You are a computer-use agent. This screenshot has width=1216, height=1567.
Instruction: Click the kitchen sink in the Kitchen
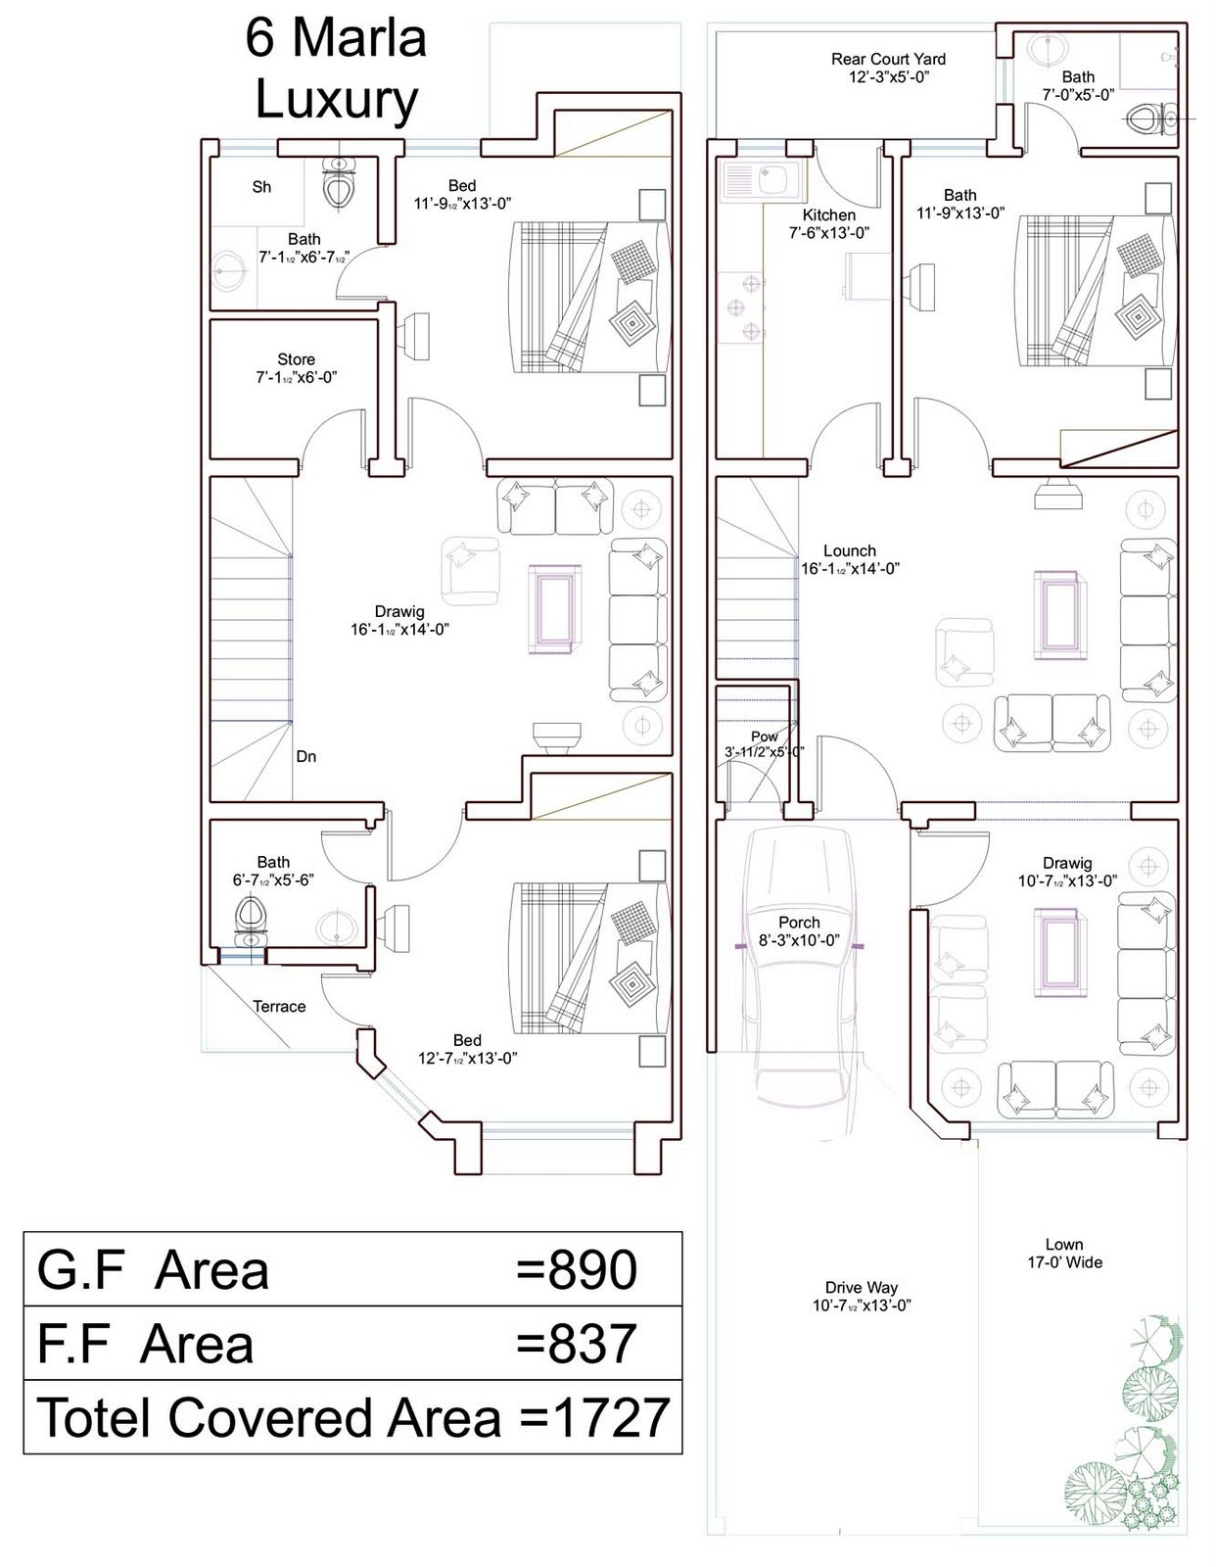(761, 179)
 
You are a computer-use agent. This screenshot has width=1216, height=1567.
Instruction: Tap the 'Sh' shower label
(261, 187)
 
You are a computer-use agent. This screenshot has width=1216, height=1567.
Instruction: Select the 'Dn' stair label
(306, 756)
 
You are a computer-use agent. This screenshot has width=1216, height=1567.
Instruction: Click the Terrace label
(279, 1006)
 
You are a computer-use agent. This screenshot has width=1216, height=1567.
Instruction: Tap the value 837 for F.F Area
(592, 1344)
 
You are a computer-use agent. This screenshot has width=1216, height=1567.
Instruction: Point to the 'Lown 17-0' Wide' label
(1064, 1253)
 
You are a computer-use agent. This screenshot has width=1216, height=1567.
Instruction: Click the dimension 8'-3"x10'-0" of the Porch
(799, 940)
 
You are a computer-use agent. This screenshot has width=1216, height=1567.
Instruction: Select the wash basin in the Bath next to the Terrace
(336, 926)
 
